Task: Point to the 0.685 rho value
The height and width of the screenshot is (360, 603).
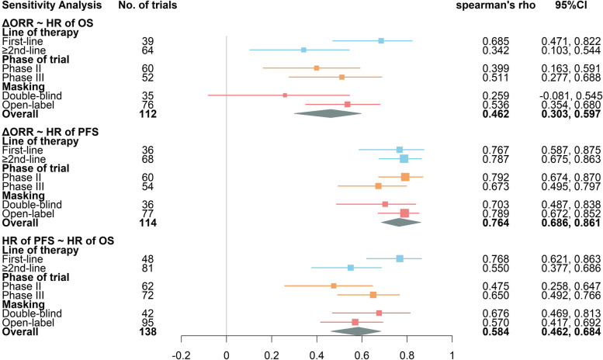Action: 495,40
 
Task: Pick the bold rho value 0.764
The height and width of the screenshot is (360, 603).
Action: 495,222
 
